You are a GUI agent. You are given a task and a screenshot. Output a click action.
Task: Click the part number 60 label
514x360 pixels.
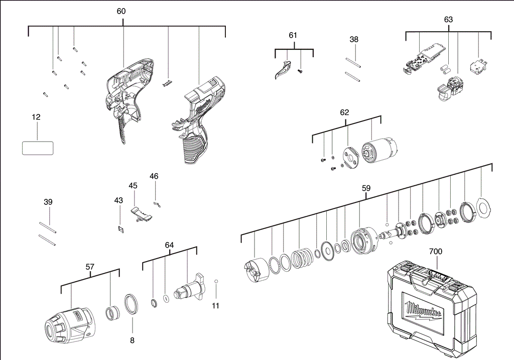coord(121,11)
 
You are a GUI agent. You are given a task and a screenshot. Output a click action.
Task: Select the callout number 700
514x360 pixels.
coord(436,251)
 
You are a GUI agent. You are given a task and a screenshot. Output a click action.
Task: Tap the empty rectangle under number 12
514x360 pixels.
coord(38,148)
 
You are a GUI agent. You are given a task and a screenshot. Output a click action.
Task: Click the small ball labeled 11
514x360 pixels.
coord(216,282)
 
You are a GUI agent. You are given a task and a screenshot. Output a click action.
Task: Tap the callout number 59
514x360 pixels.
coord(366,188)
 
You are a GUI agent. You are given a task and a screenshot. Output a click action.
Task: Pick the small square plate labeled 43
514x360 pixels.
coord(120,228)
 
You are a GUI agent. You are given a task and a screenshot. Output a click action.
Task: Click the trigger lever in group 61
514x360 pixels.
coord(282,70)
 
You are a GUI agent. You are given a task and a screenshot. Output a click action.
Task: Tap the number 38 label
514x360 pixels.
coord(354,39)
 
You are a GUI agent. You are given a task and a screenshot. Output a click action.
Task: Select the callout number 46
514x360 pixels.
coord(154,176)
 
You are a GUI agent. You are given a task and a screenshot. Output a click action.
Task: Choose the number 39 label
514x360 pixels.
coord(48,202)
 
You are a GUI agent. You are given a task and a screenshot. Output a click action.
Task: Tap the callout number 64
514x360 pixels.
coord(169,245)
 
